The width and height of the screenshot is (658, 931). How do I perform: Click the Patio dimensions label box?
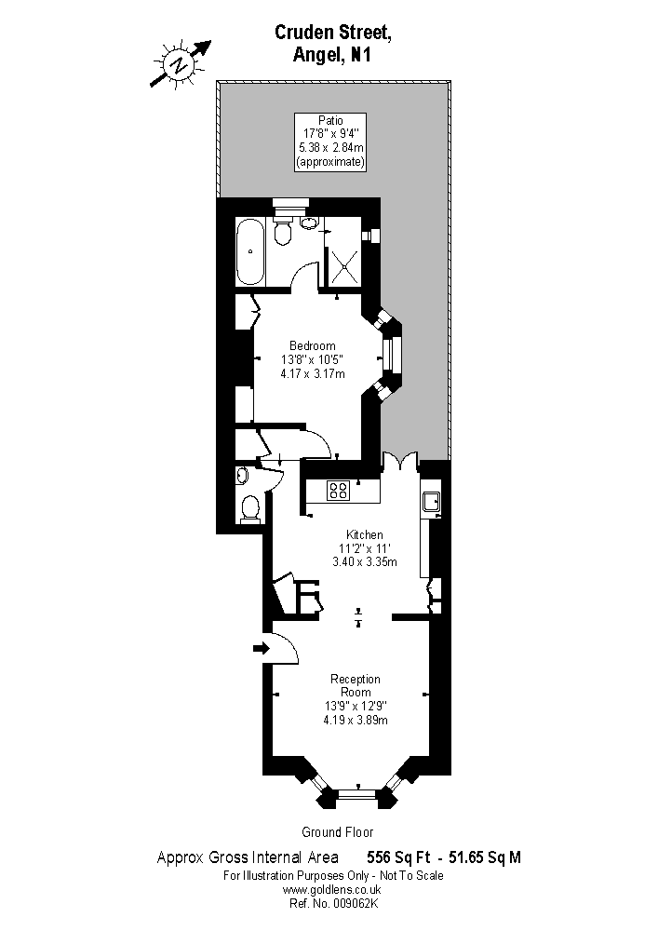click(330, 142)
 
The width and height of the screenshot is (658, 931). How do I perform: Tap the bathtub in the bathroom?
click(250, 251)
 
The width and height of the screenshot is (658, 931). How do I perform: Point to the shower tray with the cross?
click(344, 265)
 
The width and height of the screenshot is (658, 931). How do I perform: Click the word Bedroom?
click(312, 345)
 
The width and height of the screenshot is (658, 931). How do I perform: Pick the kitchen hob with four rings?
click(338, 490)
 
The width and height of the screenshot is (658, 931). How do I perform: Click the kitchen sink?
click(430, 502)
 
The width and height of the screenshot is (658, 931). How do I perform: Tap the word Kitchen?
click(364, 535)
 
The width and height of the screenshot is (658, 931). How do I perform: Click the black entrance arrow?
click(261, 648)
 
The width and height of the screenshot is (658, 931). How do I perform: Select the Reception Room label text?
click(356, 685)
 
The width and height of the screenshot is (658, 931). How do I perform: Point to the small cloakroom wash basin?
click(241, 475)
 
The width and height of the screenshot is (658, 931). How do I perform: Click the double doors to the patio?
click(400, 462)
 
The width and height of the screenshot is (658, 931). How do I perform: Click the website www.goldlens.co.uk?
click(331, 889)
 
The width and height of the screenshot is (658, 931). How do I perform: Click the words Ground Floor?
click(338, 831)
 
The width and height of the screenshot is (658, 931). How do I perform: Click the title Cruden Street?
click(333, 33)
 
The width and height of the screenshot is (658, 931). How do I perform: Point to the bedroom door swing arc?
click(321, 440)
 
